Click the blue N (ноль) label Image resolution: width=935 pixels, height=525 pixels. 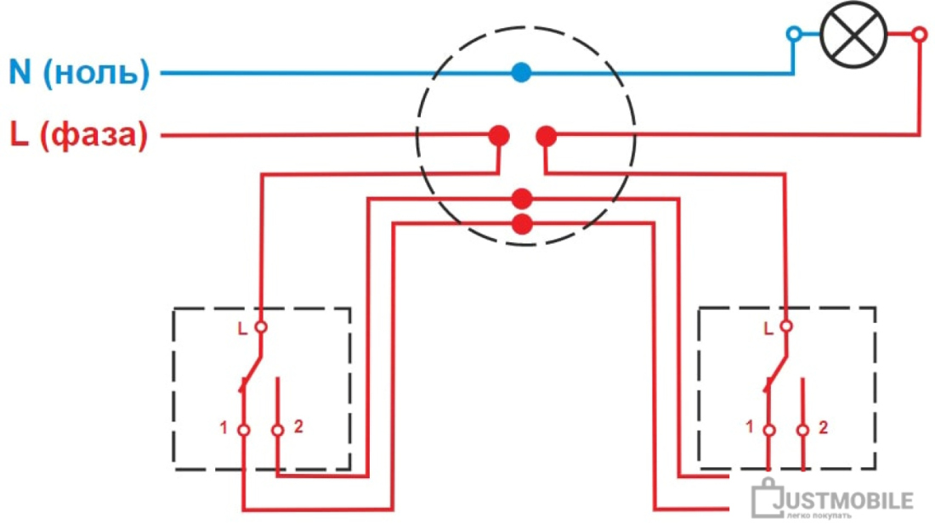pyautogui.click(x=79, y=72)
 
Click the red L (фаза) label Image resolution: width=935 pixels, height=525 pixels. pyautogui.click(x=79, y=135)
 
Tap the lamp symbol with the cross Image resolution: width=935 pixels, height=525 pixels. pyautogui.click(x=853, y=34)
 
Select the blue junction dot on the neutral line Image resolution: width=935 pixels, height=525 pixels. pyautogui.click(x=521, y=73)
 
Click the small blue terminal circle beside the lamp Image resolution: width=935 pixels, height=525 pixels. pyautogui.click(x=794, y=33)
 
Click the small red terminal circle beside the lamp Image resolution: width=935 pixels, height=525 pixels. pyautogui.click(x=920, y=34)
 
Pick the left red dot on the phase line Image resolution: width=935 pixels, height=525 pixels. pyautogui.click(x=499, y=136)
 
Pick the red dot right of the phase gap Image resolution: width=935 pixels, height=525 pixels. pyautogui.click(x=547, y=137)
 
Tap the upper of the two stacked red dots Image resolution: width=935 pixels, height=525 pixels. pyautogui.click(x=522, y=199)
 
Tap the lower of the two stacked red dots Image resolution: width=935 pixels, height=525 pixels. pyautogui.click(x=523, y=224)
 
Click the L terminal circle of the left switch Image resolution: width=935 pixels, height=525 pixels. pyautogui.click(x=261, y=326)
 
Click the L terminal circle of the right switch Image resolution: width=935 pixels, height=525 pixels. pyautogui.click(x=786, y=326)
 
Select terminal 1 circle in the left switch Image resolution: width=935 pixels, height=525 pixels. pyautogui.click(x=244, y=430)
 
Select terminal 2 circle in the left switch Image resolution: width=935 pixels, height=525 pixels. pyautogui.click(x=277, y=430)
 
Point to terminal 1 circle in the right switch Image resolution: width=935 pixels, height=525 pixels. pyautogui.click(x=769, y=430)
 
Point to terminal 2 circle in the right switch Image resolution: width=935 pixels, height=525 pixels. pyautogui.click(x=802, y=430)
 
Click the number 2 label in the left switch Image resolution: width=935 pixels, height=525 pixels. pyautogui.click(x=298, y=426)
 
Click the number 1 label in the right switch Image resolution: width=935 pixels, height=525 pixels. pyautogui.click(x=750, y=426)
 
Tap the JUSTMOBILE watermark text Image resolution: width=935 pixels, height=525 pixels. pyautogui.click(x=842, y=500)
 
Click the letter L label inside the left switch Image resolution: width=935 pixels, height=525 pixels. pyautogui.click(x=242, y=329)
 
